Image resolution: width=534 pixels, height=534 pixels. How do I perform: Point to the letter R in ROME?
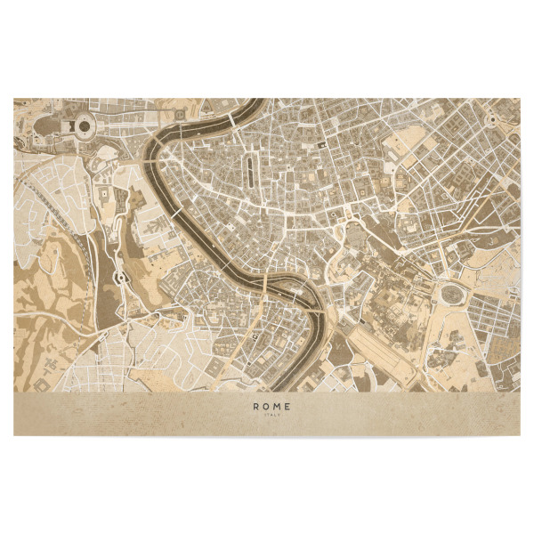[x=255, y=406]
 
